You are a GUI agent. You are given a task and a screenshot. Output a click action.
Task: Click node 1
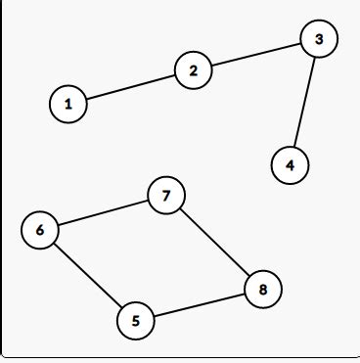tap(67, 103)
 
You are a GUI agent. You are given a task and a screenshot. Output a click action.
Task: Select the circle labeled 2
tap(194, 70)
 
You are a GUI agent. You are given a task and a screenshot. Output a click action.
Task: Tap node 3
tap(319, 39)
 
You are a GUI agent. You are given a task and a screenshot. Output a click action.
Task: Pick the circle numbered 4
tap(290, 165)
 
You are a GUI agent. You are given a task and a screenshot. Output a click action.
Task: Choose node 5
tap(135, 320)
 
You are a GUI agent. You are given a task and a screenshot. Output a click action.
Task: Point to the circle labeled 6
tap(40, 230)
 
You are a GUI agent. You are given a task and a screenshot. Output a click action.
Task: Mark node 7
tap(166, 196)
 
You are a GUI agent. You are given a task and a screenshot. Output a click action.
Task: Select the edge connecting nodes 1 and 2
tap(130, 87)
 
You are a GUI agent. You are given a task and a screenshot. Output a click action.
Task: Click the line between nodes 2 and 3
tap(256, 55)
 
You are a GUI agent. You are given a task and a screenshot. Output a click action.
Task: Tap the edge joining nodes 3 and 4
tap(304, 103)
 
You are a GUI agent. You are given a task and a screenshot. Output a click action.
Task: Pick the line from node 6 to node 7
tap(103, 213)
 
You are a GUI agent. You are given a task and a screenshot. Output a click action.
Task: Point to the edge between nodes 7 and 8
tap(215, 242)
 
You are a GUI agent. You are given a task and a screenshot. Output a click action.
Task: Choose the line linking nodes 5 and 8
tap(200, 304)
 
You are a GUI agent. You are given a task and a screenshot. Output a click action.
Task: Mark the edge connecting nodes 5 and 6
tap(88, 275)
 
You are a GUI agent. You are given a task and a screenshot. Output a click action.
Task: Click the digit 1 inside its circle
tap(67, 103)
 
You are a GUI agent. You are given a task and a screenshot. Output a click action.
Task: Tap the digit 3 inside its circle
tap(319, 39)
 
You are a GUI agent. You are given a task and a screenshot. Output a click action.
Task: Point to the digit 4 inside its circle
tap(290, 165)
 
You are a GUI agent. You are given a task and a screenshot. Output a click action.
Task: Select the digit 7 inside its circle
tap(166, 196)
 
